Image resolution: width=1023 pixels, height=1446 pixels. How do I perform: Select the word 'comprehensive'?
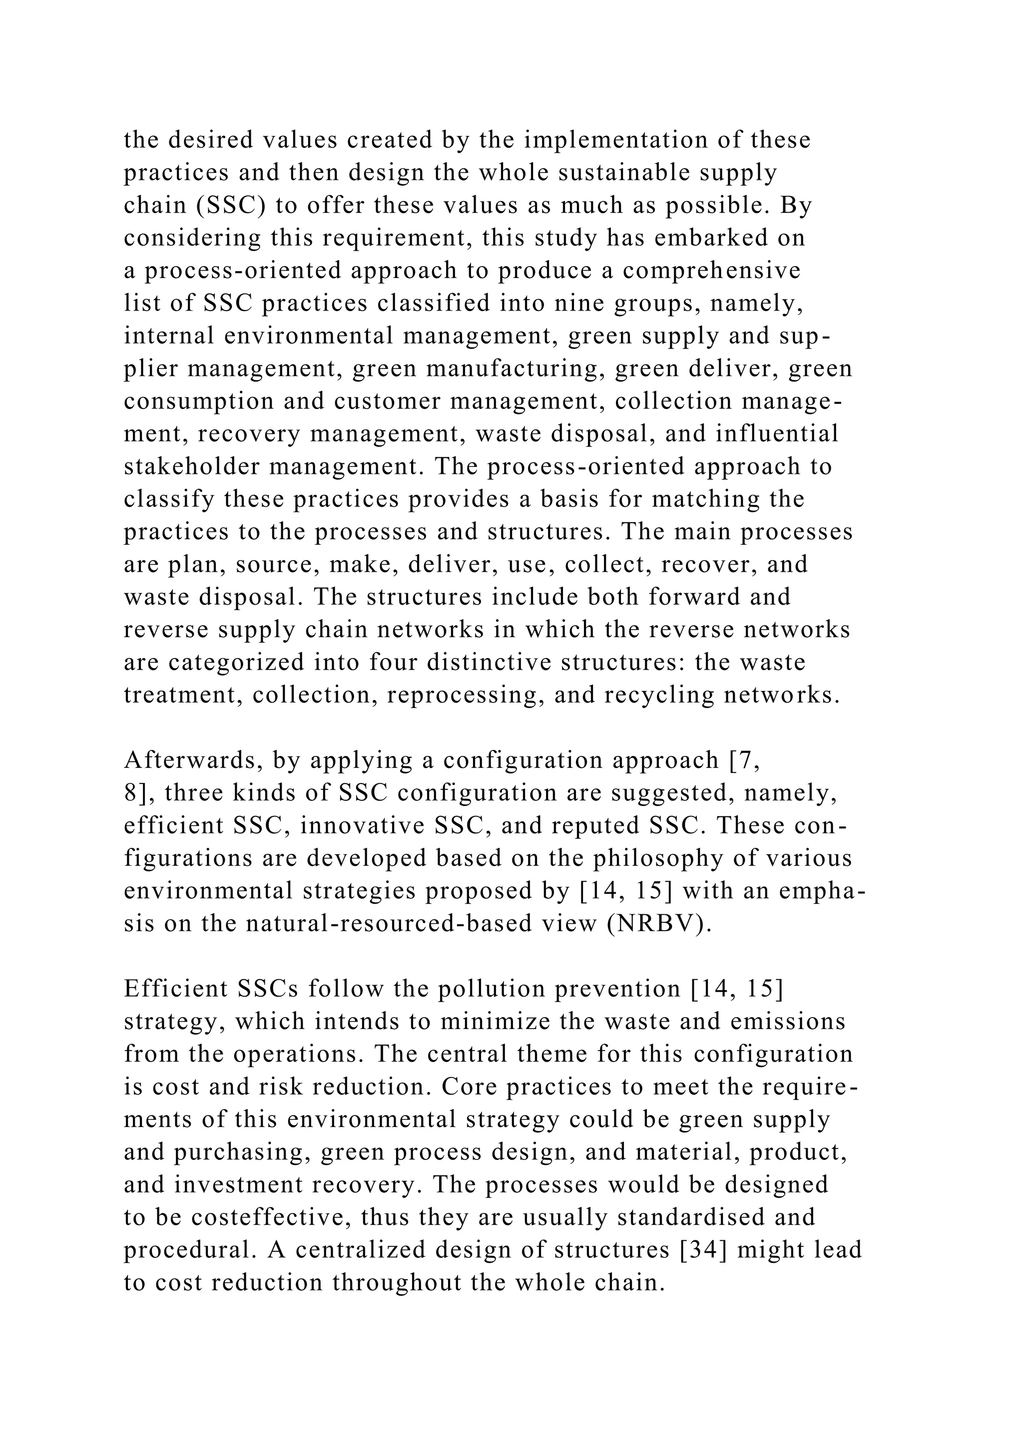(711, 271)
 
